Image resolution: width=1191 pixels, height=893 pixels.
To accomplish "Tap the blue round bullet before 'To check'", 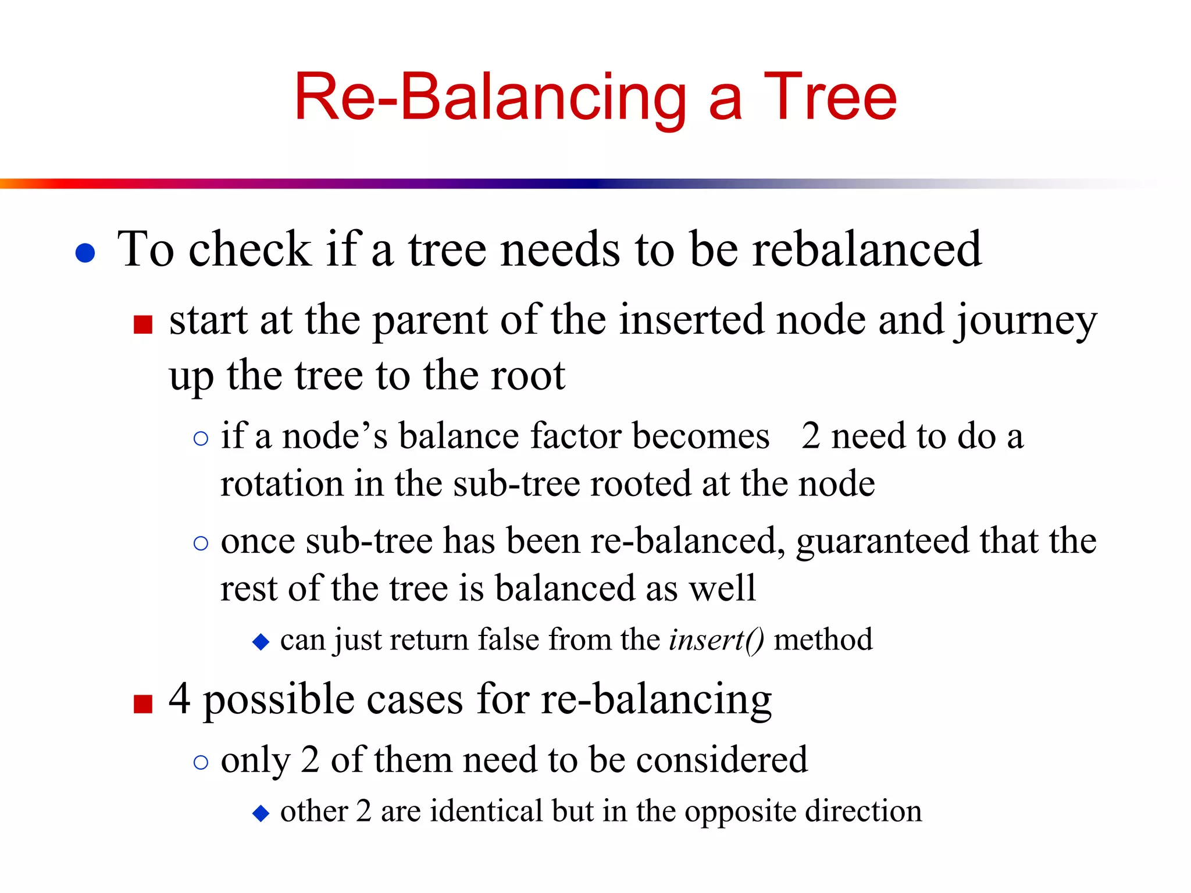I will (x=85, y=253).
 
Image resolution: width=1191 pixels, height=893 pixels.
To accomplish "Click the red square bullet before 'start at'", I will (x=143, y=324).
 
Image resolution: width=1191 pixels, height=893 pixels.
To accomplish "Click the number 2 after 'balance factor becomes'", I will (x=811, y=436).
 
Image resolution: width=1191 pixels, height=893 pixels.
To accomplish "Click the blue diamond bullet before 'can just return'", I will (x=261, y=642).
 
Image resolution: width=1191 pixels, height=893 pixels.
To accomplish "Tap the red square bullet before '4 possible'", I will (x=143, y=703).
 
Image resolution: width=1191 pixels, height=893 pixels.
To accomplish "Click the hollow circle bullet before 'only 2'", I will (x=201, y=762).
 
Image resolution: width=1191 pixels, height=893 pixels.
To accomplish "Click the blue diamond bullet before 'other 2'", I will (x=261, y=813).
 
